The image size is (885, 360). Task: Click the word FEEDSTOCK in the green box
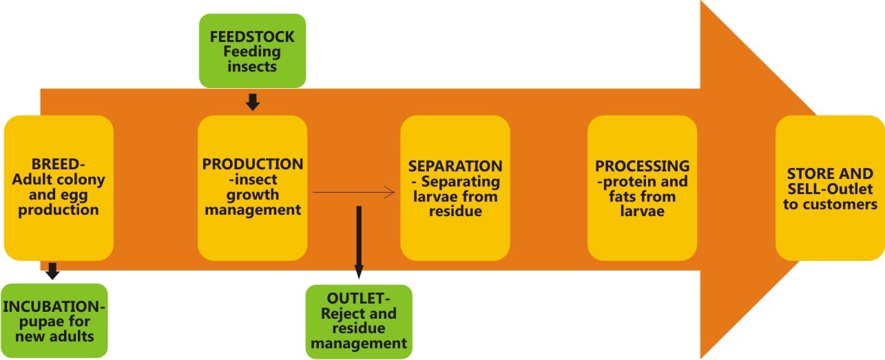pos(252,36)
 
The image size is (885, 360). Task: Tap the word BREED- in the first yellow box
pos(59,164)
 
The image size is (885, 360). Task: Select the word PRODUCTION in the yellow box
pos(253,165)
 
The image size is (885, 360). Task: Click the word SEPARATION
pos(455,166)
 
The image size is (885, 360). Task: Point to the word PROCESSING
pos(643,166)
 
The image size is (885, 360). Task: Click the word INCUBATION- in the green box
pos(54,307)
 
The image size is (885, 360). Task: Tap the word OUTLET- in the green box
pos(359,299)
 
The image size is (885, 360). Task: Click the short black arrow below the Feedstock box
pos(253,102)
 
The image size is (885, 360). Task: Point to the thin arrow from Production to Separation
pos(353,193)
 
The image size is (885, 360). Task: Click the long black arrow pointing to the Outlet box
pos(359,242)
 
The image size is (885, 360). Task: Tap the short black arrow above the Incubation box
pos(52,271)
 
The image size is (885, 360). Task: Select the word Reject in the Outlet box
pos(340,314)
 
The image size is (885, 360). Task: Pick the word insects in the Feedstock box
pos(252,67)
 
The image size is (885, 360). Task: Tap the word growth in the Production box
pos(253,195)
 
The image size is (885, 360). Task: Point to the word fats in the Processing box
pos(623,196)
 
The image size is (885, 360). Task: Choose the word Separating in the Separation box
pos(461,182)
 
